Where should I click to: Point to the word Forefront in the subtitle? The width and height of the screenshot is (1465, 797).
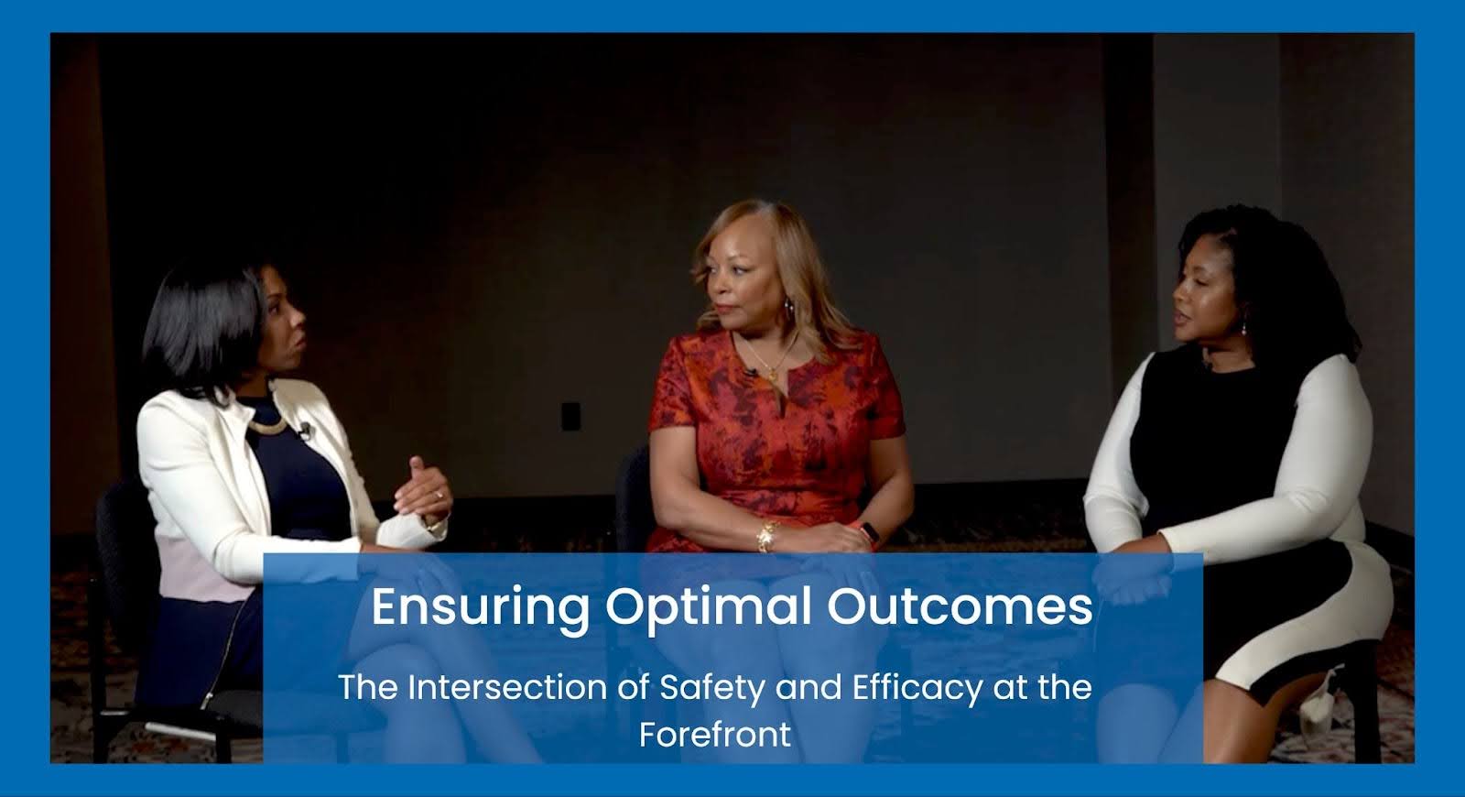[715, 734]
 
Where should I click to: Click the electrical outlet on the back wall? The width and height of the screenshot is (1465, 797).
[571, 416]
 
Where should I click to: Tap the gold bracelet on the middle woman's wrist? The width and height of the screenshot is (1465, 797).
[766, 536]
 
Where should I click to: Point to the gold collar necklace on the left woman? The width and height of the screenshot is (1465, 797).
[266, 425]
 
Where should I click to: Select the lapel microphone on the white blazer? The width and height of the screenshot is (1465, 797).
[304, 430]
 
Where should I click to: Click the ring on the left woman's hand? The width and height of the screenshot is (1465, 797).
[439, 495]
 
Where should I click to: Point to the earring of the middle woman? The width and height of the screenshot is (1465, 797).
[788, 306]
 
